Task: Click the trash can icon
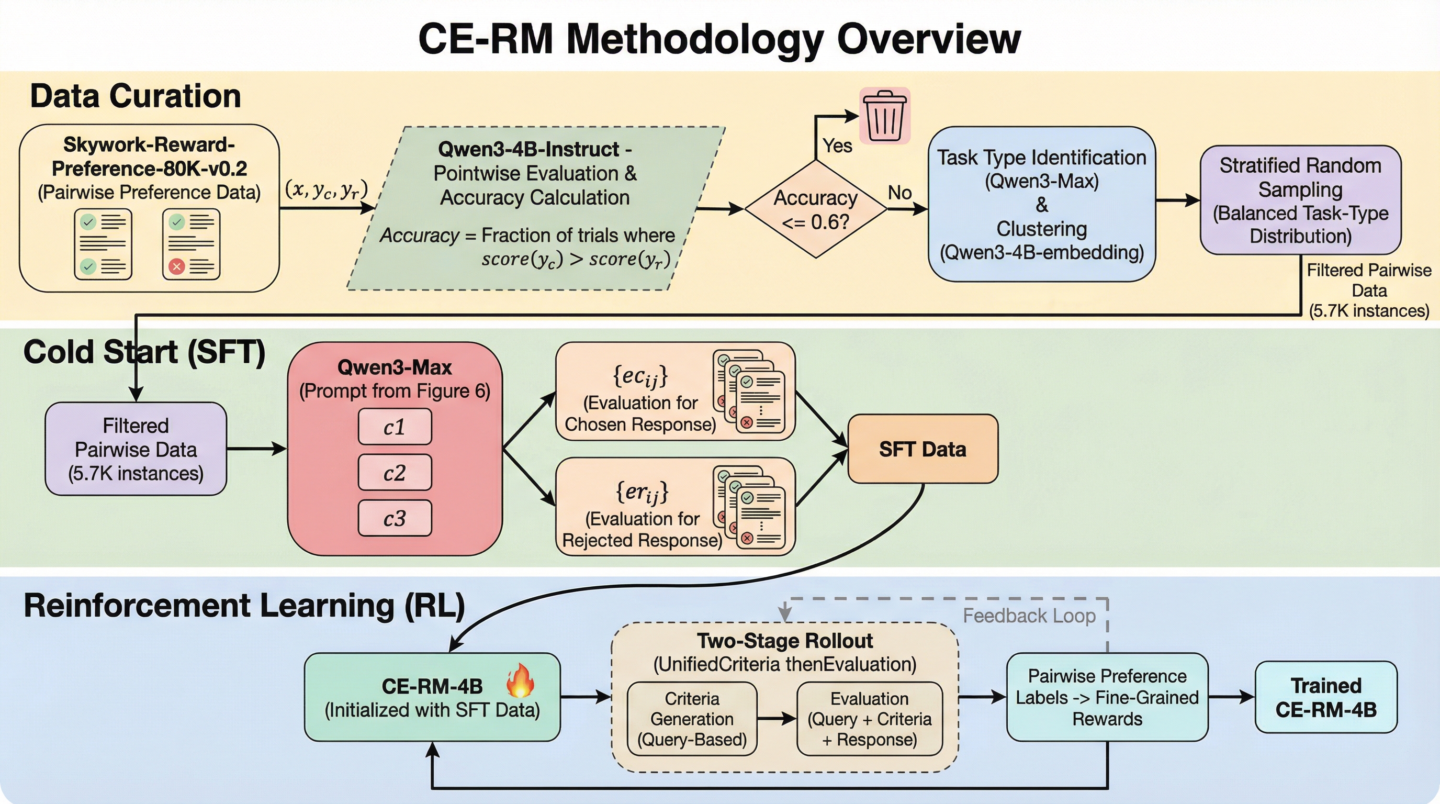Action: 884,116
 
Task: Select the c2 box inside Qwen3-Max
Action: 395,473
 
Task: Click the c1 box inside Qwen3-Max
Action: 395,427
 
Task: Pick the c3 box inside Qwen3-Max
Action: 395,518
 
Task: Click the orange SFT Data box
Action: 923,449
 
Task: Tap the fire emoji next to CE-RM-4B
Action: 520,680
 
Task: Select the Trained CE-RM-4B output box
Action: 1325,697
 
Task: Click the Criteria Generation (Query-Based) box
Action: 692,719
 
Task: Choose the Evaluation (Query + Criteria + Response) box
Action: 869,719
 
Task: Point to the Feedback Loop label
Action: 1029,616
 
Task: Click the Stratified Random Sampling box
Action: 1300,200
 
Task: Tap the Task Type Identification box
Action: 1041,204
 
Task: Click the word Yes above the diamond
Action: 837,146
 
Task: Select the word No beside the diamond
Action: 899,193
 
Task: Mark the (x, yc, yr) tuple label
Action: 327,189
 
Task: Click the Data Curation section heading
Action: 136,96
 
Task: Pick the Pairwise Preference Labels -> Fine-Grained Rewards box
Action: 1107,697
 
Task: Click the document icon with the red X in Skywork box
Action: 191,244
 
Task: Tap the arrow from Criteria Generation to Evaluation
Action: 777,719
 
